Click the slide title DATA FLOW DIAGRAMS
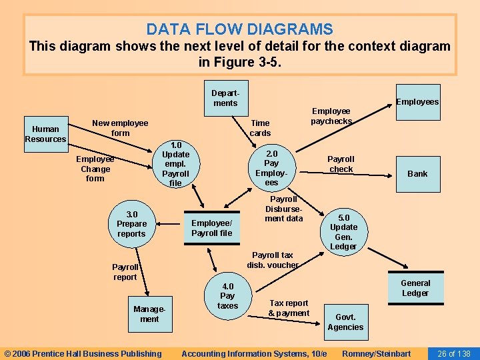point(239,29)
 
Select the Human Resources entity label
point(45,134)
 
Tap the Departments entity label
point(225,98)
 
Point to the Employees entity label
point(417,101)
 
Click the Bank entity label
point(417,173)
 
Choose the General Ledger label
point(415,288)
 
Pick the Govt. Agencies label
point(345,322)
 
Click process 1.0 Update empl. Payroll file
point(175,164)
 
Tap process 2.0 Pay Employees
point(271,167)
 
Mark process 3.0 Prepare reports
point(131,224)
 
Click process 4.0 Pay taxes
point(227,296)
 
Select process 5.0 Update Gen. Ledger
point(343,232)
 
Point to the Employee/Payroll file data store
point(211,228)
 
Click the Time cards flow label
point(260,128)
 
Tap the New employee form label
point(120,128)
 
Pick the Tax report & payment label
point(289,308)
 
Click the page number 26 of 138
point(453,353)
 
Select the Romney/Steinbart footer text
point(376,353)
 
